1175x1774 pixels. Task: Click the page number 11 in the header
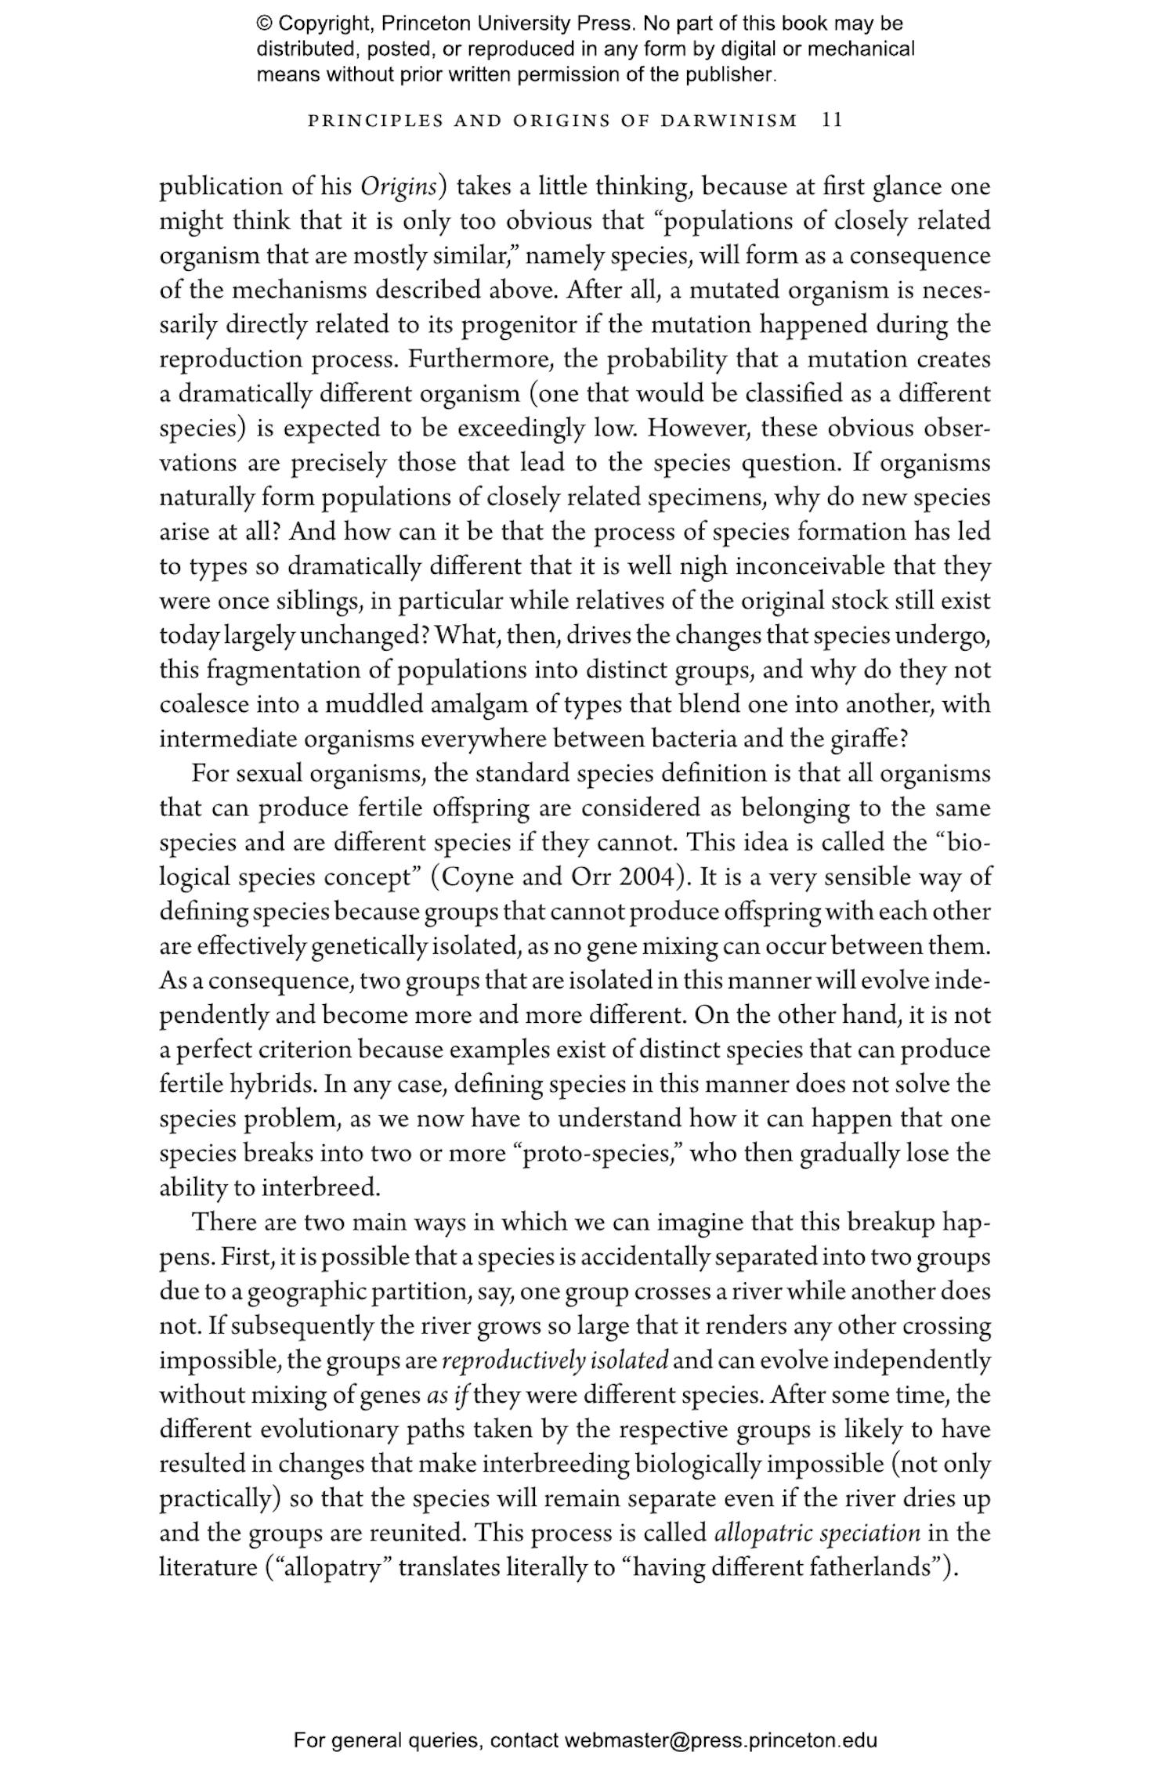[x=831, y=121]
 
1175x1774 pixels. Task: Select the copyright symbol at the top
[x=264, y=23]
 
